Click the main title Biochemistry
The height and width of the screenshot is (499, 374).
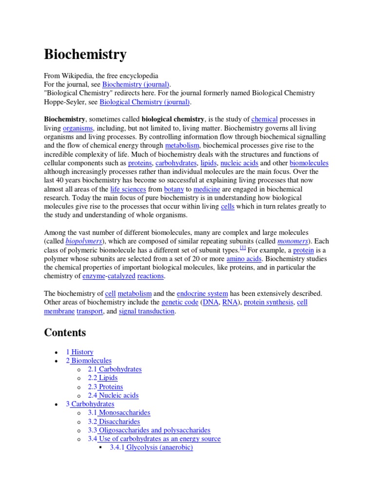click(x=85, y=55)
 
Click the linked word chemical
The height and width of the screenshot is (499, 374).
click(x=264, y=119)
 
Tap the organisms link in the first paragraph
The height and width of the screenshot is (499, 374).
click(x=77, y=128)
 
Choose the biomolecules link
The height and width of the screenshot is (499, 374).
click(x=309, y=163)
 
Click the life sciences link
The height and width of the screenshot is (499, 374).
click(x=128, y=189)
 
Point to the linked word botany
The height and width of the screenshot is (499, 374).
click(x=174, y=189)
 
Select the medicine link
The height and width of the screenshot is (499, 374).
click(x=207, y=189)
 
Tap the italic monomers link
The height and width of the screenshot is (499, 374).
click(x=293, y=241)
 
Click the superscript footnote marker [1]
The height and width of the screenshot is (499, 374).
click(x=243, y=248)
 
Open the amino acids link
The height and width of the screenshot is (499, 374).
click(x=244, y=259)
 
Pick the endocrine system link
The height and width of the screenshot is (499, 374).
click(x=202, y=294)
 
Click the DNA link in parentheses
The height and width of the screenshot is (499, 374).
click(x=211, y=303)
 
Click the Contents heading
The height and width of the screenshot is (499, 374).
click(x=65, y=333)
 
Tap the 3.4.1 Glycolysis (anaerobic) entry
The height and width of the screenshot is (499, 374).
click(x=151, y=447)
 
